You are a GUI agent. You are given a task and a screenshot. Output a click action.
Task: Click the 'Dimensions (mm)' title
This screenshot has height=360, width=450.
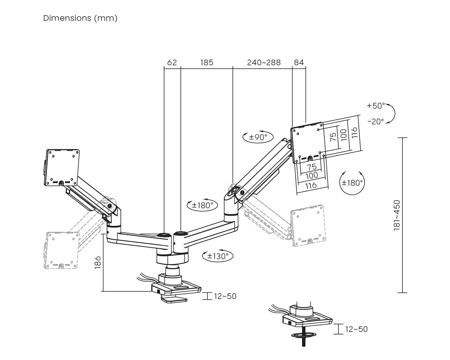[x=80, y=18]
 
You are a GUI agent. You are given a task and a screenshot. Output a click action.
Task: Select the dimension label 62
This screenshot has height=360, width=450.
[x=172, y=62]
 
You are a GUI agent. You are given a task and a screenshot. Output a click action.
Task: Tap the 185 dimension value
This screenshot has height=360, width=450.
[x=207, y=62]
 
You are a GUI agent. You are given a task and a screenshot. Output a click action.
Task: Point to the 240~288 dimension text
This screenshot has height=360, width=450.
[x=264, y=62]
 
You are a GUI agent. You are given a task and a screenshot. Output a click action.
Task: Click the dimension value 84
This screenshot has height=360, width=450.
[x=299, y=62]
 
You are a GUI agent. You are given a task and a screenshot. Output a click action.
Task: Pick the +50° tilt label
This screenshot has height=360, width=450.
[x=376, y=106]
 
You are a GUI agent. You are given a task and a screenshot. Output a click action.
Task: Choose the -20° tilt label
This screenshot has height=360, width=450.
[x=376, y=121]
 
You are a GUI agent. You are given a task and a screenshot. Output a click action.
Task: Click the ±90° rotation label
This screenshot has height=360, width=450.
[x=258, y=137]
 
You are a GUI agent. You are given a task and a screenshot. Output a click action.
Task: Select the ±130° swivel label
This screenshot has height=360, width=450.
[x=218, y=256]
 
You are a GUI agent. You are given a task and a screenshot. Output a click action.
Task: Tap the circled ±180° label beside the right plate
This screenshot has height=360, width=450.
[x=352, y=183]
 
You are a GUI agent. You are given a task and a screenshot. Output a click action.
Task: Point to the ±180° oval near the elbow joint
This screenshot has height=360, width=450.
[x=202, y=205]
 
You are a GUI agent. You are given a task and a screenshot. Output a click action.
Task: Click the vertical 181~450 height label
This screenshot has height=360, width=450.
[x=397, y=215]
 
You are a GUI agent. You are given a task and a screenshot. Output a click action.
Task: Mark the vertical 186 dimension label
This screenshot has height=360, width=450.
[x=98, y=262]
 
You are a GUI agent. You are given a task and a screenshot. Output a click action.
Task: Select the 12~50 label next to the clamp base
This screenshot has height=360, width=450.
[x=225, y=296]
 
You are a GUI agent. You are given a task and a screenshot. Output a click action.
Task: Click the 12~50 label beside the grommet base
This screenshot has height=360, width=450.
[x=356, y=329]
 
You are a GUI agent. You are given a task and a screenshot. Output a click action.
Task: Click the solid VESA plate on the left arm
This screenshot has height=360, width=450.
[x=62, y=167]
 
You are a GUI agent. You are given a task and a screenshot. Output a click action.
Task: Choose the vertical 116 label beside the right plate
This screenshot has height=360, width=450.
[x=354, y=132]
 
